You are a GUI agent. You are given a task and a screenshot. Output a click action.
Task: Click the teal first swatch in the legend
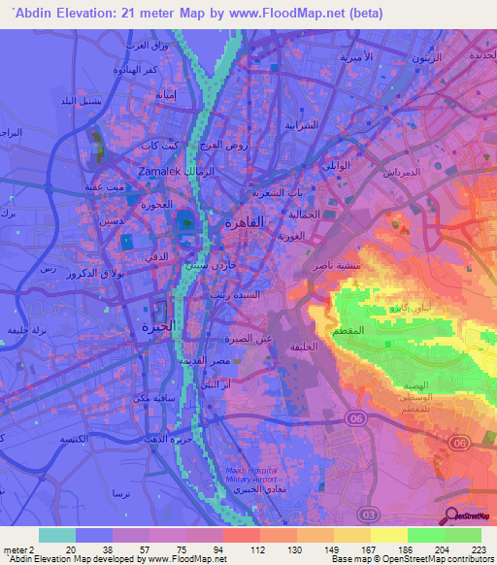point(57,535)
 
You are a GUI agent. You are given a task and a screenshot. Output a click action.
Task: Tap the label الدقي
point(143,256)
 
